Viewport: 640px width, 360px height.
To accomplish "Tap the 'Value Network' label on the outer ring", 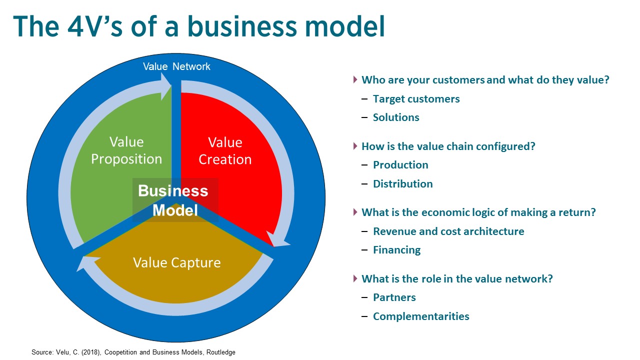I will point(176,66).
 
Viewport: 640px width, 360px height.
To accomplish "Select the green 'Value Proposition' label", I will point(126,150).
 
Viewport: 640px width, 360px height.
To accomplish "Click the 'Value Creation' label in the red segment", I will point(225,150).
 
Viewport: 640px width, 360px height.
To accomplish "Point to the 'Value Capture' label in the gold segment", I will point(176,262).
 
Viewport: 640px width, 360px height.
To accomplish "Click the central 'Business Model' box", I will point(175,200).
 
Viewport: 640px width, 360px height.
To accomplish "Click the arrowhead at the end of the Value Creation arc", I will point(280,241).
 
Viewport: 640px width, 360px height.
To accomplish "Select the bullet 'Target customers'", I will point(416,99).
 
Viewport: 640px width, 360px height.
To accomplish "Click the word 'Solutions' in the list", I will point(396,117).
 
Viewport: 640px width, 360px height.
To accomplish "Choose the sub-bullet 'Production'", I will point(400,165).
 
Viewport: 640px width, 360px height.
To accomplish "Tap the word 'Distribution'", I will point(402,184).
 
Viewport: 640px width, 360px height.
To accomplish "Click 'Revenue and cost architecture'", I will point(448,231).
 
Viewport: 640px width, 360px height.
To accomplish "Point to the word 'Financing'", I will point(396,250).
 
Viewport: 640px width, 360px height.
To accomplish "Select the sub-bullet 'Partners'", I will point(394,297).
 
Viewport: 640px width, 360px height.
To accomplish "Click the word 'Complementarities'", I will point(421,316).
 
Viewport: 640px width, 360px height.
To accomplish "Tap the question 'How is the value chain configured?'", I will point(448,146).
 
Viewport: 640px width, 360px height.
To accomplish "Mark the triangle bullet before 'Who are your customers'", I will point(355,79).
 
